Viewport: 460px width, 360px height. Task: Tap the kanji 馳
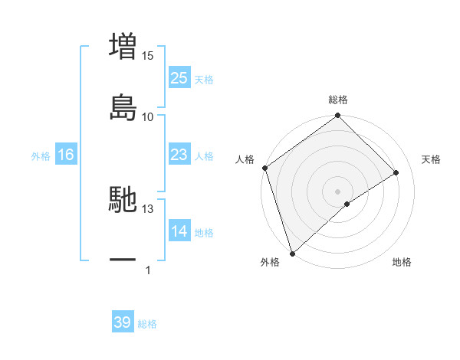click(x=123, y=200)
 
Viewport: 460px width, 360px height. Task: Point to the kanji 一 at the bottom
click(x=123, y=260)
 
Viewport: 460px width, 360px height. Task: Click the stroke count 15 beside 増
click(x=148, y=55)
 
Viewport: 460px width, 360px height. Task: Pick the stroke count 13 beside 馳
click(x=148, y=208)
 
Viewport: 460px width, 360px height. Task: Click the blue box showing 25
click(x=179, y=78)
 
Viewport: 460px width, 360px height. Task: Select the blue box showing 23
click(x=179, y=155)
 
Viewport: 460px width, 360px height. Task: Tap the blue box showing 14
click(x=179, y=231)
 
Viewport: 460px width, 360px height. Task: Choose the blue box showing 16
click(x=66, y=155)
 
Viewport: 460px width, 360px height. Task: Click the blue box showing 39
click(x=123, y=322)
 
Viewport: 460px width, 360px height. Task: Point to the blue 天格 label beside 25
click(x=204, y=80)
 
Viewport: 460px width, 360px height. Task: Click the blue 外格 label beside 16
click(x=41, y=156)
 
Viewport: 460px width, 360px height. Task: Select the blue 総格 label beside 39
click(x=147, y=324)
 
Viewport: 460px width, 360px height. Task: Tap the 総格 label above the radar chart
click(x=338, y=100)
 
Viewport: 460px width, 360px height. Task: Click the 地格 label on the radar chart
click(x=402, y=262)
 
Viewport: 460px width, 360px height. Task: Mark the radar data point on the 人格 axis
click(x=264, y=168)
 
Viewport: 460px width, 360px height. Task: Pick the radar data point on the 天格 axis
click(x=396, y=172)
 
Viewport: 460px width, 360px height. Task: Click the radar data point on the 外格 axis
click(x=291, y=254)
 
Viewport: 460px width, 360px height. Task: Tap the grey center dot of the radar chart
click(x=338, y=191)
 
